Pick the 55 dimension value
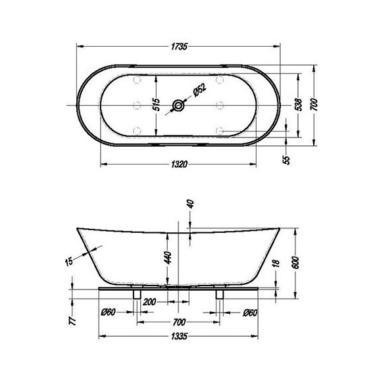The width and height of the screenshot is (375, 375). tap(286, 160)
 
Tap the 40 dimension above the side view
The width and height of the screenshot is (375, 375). tap(190, 204)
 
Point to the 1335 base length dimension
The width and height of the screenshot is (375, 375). tap(178, 337)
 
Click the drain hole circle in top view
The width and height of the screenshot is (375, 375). tap(178, 105)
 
